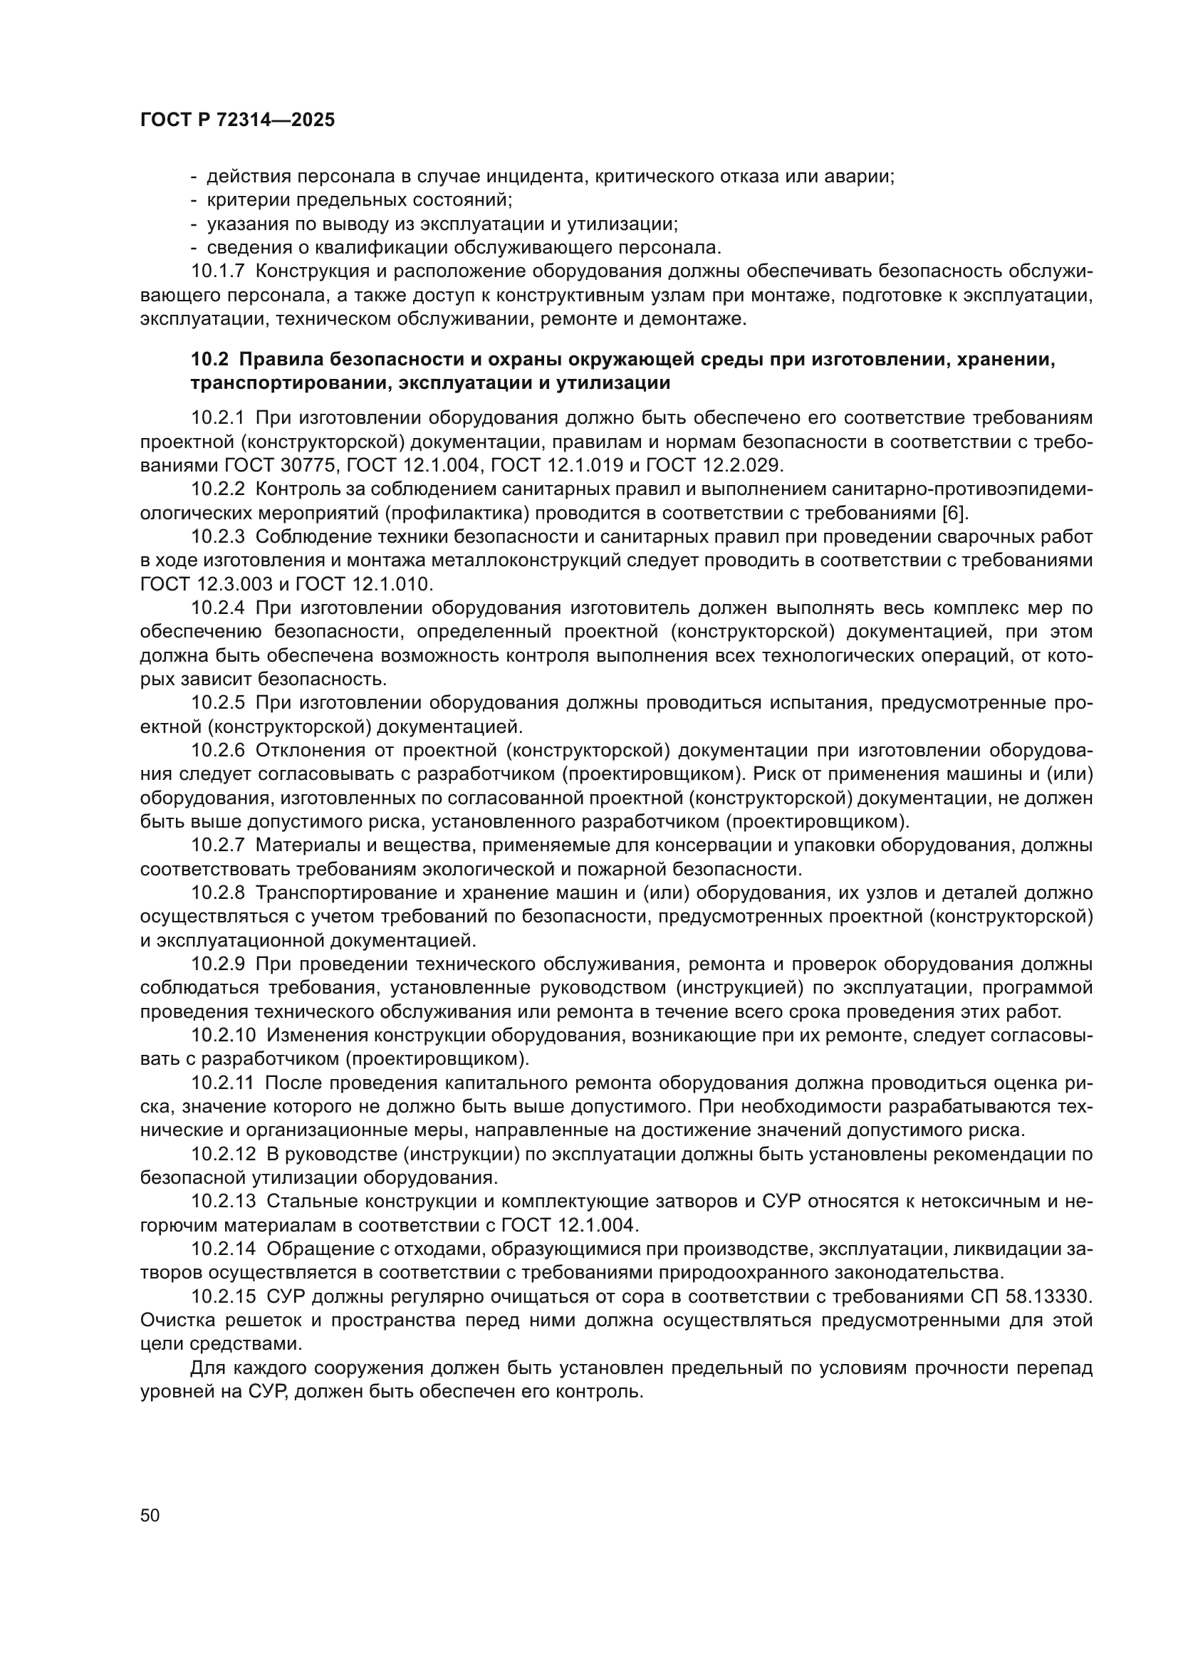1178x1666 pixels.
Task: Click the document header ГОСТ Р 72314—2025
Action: pyautogui.click(x=237, y=120)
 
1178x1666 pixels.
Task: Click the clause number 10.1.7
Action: pyautogui.click(x=219, y=271)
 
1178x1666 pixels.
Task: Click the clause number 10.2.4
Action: pyautogui.click(x=219, y=608)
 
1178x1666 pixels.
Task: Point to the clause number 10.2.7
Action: pyautogui.click(x=219, y=845)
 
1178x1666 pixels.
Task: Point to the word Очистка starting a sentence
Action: pyautogui.click(x=174, y=1320)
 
